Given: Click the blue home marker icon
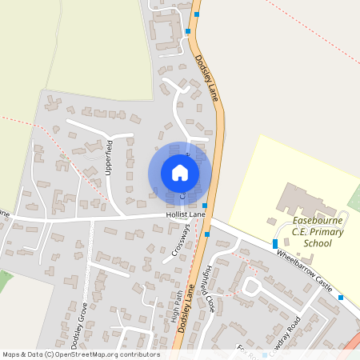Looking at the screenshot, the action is click(x=180, y=173).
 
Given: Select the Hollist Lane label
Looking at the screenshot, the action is click(x=186, y=215).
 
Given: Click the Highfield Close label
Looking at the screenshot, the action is click(x=210, y=288).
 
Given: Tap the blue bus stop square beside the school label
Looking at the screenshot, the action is click(x=275, y=243).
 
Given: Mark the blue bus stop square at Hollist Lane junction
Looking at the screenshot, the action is click(x=205, y=206).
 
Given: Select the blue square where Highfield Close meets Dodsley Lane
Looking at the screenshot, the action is click(x=207, y=234).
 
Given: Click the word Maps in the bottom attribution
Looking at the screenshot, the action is click(x=12, y=354).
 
